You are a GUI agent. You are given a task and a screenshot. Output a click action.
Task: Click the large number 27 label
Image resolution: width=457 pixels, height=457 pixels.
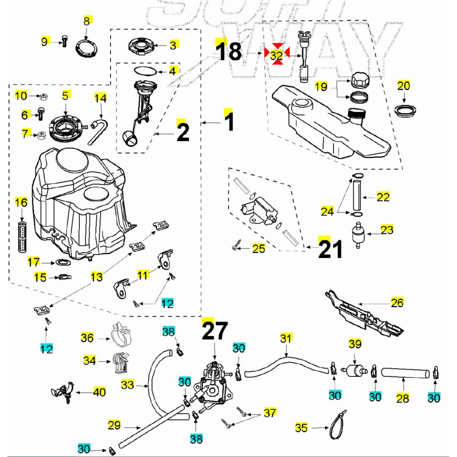tap(215, 332)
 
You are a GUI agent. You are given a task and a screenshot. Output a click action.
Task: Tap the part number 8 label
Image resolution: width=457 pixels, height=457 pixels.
tap(86, 21)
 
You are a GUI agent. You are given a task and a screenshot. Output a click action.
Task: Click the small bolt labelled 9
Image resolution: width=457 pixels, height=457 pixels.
tap(64, 41)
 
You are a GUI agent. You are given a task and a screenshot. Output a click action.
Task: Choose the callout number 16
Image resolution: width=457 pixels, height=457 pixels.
tap(21, 202)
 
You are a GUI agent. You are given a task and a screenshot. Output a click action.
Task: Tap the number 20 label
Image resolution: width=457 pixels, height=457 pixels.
tap(404, 86)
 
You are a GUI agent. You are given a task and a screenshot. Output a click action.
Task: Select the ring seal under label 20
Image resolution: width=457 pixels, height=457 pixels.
tap(405, 111)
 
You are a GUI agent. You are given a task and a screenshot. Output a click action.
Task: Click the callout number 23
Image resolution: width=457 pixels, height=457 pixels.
tap(387, 229)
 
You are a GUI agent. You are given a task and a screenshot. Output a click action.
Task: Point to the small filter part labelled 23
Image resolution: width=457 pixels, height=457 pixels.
tap(357, 235)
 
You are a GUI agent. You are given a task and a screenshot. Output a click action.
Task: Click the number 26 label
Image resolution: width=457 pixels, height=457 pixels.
tap(397, 302)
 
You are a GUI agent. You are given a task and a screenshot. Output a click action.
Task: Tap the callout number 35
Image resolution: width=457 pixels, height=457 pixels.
tap(302, 427)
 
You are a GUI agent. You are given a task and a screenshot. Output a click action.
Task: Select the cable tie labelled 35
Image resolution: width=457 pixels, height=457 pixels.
tap(337, 425)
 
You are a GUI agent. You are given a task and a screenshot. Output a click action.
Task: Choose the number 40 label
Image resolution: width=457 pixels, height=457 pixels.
tap(99, 392)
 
